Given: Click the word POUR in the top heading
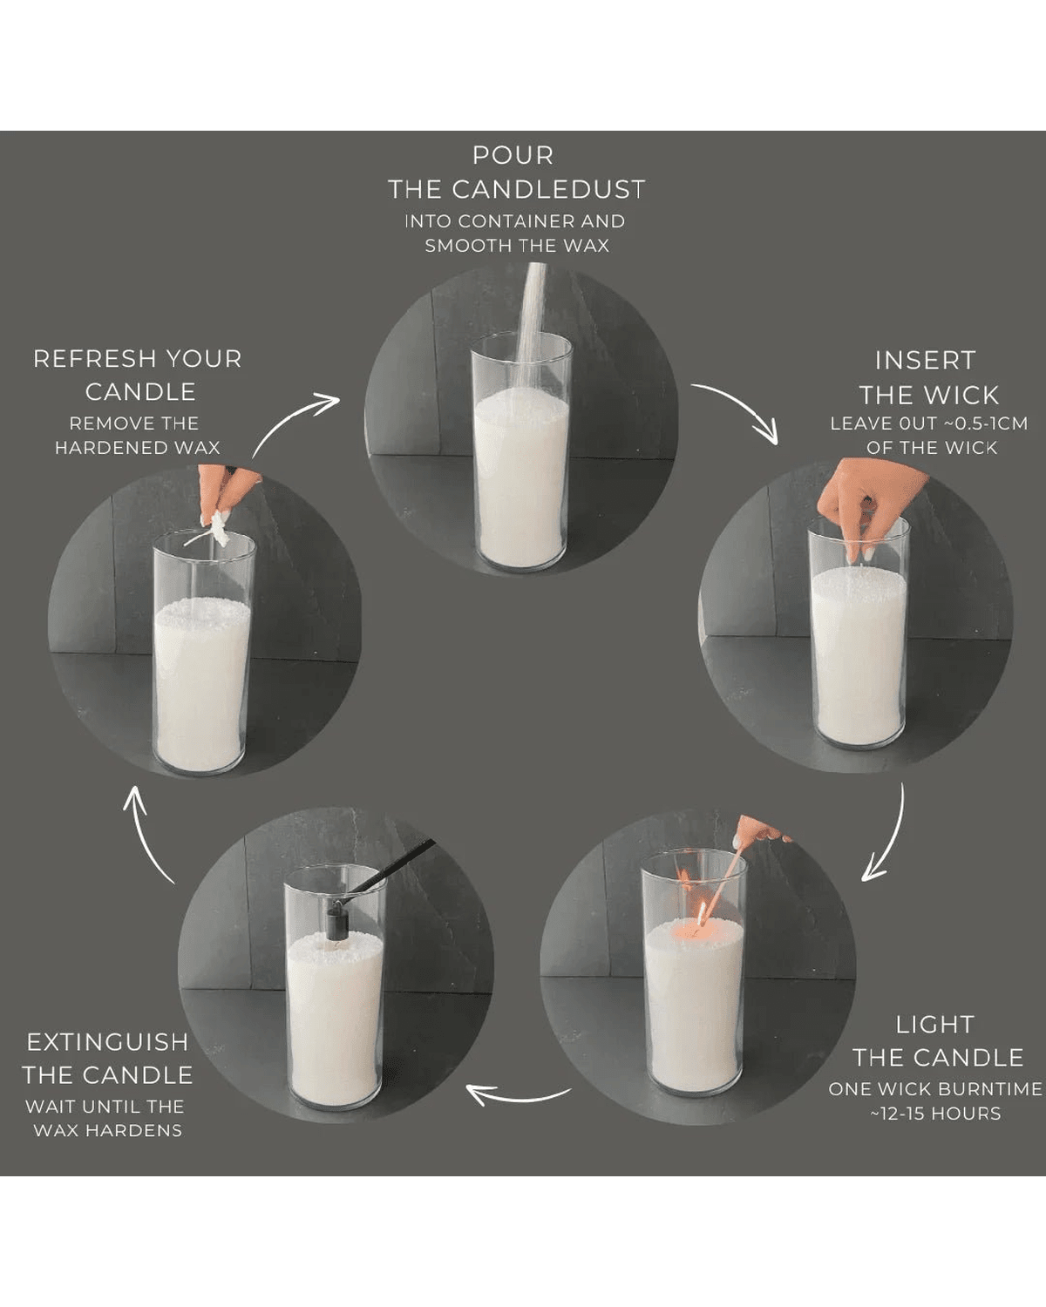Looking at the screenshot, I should (513, 156).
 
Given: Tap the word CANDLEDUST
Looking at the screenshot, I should (547, 190).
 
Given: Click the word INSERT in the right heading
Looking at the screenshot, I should (925, 361).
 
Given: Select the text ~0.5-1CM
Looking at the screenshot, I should (986, 423).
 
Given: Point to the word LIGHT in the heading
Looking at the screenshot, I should (934, 1025).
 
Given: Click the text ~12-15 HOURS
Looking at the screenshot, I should (935, 1114).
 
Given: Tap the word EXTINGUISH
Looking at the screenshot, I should (107, 1042).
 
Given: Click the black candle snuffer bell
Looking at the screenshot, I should (333, 922).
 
